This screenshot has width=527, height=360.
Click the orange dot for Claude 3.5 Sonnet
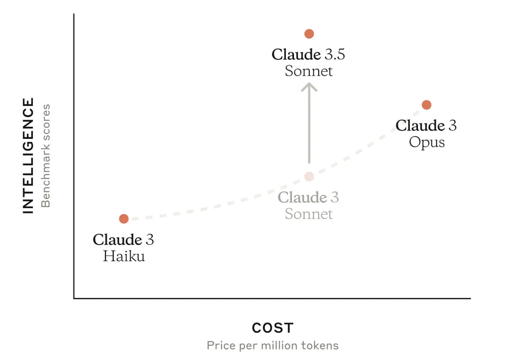(309, 34)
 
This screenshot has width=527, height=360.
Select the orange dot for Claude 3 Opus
(427, 105)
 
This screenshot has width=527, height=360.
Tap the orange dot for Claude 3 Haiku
(124, 219)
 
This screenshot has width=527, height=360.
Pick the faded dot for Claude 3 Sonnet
(309, 176)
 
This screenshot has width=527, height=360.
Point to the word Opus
(427, 143)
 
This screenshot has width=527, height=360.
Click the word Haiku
(124, 256)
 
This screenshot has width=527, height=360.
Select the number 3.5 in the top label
(335, 54)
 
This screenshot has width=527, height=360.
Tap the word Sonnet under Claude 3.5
(309, 71)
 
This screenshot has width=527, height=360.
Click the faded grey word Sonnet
(309, 214)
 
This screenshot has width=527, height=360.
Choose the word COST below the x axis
(273, 328)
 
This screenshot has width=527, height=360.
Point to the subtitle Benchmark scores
(45, 156)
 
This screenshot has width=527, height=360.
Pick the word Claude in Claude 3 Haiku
(117, 240)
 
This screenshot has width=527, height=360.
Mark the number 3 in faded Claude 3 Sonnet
(335, 197)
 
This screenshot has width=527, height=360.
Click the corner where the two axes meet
(74, 298)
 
